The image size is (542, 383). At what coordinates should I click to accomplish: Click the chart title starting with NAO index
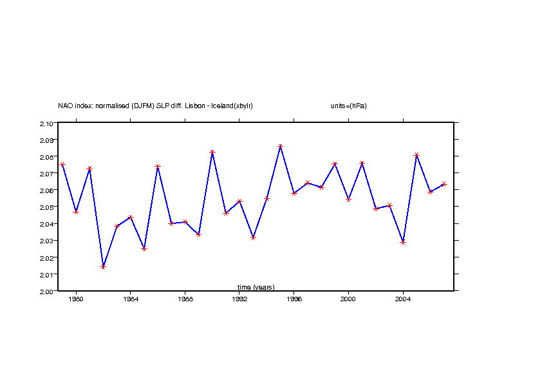[x=155, y=106]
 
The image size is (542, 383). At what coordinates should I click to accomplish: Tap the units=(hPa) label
[x=349, y=106]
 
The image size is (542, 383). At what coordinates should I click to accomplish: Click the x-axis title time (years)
[x=256, y=287]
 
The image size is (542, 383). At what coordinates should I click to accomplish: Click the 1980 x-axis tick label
[x=76, y=299]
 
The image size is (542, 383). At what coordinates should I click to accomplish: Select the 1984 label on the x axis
[x=131, y=299]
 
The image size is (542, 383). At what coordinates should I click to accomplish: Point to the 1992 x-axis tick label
[x=239, y=299]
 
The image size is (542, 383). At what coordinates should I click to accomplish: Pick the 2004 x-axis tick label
[x=403, y=299]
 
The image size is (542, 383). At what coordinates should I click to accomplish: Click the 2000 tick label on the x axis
[x=348, y=299]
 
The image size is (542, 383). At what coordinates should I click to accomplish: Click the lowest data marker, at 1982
[x=103, y=266]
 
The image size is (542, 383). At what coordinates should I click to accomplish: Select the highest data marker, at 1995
[x=281, y=147]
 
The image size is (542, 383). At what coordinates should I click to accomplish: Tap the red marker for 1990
[x=212, y=153]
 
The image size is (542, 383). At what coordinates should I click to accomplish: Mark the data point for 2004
[x=403, y=242]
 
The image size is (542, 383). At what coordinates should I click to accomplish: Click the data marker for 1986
[x=158, y=167]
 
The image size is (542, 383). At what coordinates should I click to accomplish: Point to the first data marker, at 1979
[x=62, y=165]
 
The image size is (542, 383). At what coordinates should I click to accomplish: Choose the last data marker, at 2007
[x=444, y=184]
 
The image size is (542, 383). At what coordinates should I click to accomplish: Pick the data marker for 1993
[x=253, y=238]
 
